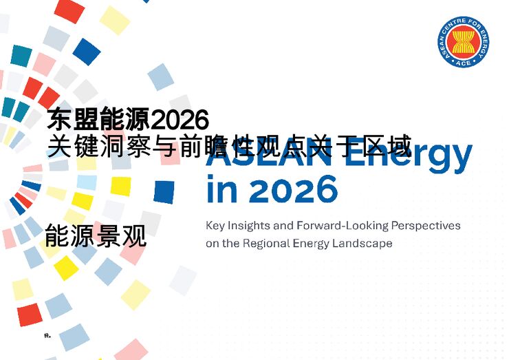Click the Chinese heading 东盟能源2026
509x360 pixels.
coord(128,120)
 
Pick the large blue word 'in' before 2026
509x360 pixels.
coord(221,189)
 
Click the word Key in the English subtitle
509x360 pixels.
coord(216,226)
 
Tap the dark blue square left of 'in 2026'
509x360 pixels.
coord(164,191)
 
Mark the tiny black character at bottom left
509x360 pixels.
coord(46,336)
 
